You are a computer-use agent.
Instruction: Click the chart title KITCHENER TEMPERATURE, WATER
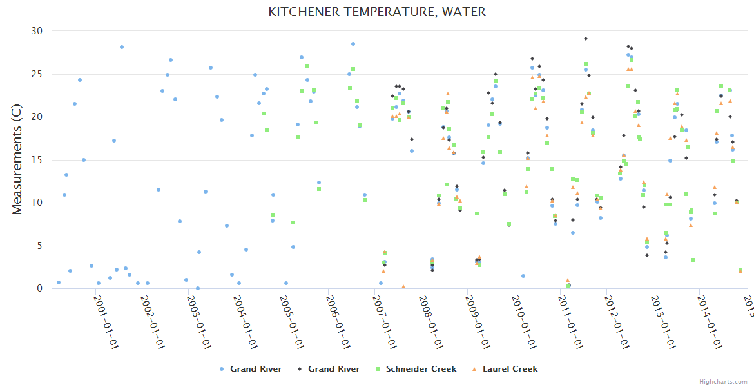[377, 12]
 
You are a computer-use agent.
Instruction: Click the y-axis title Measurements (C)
[17, 159]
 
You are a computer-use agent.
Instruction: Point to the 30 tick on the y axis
[37, 31]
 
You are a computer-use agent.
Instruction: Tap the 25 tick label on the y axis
[37, 74]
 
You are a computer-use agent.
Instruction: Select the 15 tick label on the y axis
[37, 160]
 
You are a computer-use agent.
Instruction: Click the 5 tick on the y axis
[39, 246]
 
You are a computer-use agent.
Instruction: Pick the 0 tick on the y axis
[39, 289]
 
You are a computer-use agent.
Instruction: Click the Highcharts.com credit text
[723, 381]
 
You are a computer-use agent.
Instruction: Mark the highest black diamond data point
[585, 39]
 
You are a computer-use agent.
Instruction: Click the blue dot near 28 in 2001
[121, 47]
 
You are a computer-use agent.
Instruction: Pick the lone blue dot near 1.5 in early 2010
[523, 276]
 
